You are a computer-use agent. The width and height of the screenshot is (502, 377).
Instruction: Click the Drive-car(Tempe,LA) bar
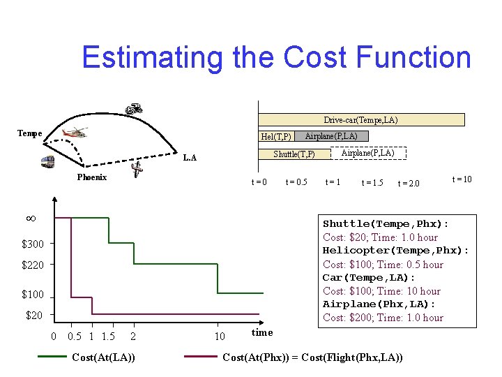click(360, 120)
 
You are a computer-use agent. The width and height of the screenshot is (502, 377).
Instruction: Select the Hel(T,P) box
click(276, 136)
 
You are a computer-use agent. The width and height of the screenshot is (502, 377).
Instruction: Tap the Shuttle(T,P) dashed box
click(294, 154)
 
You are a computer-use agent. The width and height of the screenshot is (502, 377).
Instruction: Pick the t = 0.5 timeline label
click(296, 183)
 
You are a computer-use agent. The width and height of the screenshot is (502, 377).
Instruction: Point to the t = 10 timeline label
click(462, 179)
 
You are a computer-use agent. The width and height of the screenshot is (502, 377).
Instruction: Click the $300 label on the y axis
click(32, 244)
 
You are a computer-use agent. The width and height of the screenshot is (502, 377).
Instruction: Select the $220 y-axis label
click(32, 265)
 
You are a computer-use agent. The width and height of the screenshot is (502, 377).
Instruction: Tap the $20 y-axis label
click(34, 316)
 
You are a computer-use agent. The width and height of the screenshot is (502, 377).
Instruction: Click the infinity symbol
click(31, 219)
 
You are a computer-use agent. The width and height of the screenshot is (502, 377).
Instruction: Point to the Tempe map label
click(29, 133)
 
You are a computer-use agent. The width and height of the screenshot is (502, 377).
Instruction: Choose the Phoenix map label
click(91, 177)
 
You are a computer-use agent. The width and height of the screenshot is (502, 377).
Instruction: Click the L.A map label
click(190, 158)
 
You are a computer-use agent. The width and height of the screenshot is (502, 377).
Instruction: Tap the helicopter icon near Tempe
click(75, 133)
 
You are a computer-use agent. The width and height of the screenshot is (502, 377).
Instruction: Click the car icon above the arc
click(134, 108)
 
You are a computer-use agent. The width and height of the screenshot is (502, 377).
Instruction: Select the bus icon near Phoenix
click(47, 162)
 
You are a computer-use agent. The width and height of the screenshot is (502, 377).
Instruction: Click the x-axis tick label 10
click(220, 337)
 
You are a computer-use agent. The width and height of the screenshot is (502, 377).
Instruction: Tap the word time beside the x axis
click(261, 332)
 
